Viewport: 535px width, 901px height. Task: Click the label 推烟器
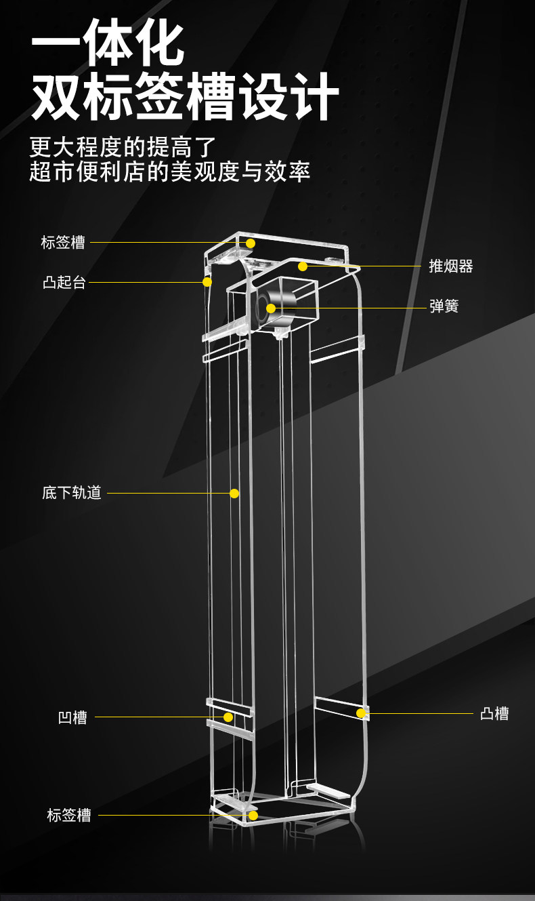click(x=450, y=266)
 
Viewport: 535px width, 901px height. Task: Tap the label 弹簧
click(x=444, y=306)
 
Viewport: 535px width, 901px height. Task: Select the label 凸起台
click(x=64, y=282)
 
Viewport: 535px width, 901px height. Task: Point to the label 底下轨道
click(x=72, y=493)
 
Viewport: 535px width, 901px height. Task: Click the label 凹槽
click(x=72, y=717)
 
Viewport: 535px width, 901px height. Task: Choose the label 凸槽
click(x=494, y=714)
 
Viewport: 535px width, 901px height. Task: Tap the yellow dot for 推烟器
click(x=303, y=266)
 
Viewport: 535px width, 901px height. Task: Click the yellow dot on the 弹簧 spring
click(x=271, y=308)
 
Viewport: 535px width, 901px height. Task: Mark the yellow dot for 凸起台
click(x=207, y=282)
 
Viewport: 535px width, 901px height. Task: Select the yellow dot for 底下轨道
click(x=234, y=494)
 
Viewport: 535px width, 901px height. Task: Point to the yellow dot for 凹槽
click(x=228, y=717)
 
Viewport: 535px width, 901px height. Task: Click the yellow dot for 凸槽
click(x=361, y=713)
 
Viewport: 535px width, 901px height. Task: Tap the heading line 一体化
click(x=108, y=43)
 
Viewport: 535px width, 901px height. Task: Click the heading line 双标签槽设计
click(x=185, y=96)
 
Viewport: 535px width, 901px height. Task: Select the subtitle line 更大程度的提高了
click(x=123, y=147)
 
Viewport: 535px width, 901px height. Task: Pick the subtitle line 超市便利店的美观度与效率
click(x=169, y=172)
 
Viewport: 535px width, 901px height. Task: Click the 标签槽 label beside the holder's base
click(x=69, y=816)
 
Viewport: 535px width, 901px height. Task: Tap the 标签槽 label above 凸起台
click(x=63, y=243)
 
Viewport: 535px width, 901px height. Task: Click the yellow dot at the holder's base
click(x=253, y=816)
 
